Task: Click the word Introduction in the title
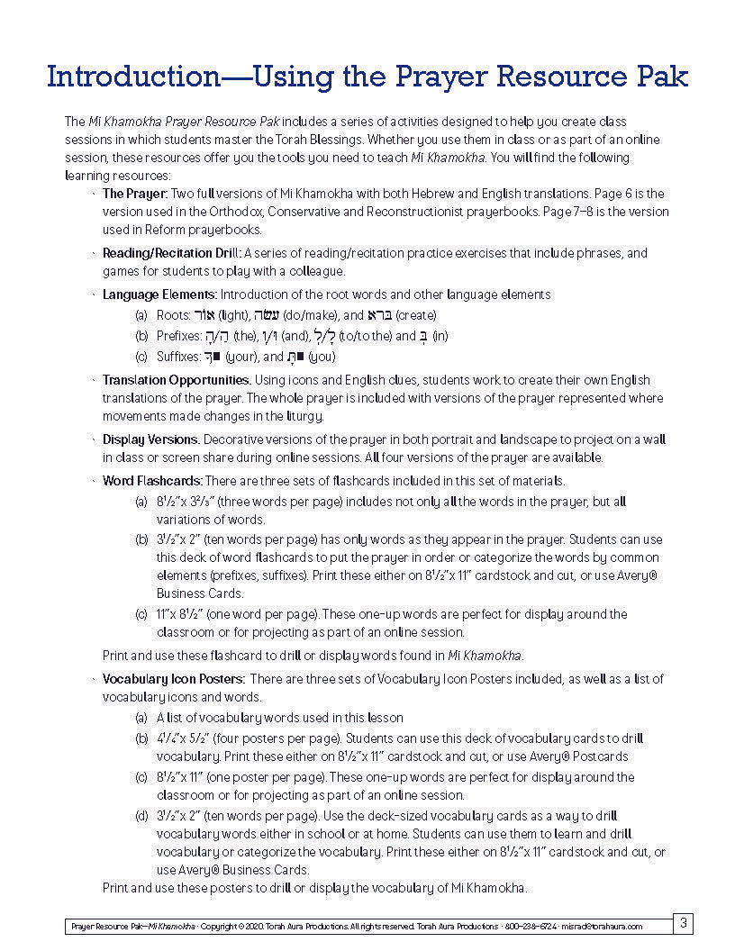(132, 76)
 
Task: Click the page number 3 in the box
(684, 922)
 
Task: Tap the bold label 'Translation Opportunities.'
(173, 380)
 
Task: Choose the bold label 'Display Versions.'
(150, 439)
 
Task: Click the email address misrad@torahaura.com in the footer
(608, 926)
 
